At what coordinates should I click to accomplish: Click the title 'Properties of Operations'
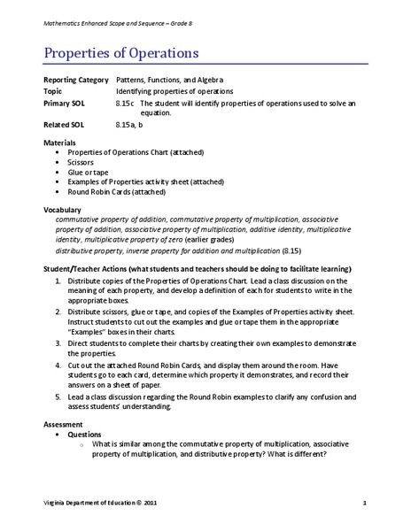[x=120, y=53]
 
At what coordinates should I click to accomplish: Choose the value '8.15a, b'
[x=133, y=126]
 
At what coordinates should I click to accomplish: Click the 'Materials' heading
[x=59, y=142]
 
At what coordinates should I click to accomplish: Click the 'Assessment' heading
[x=64, y=424]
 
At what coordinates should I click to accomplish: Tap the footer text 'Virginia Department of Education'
[x=88, y=503]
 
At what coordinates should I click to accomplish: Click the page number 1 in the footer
[x=364, y=503]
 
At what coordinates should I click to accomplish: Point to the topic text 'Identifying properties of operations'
[x=174, y=91]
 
